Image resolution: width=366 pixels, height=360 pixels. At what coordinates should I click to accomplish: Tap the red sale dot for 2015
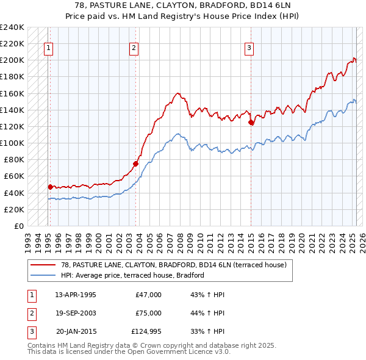[251, 123]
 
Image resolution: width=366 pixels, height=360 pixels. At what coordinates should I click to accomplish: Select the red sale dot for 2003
[136, 164]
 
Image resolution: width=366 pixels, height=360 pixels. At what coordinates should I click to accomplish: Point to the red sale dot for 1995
[50, 187]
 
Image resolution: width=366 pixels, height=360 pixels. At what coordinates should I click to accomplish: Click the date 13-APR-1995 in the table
[76, 295]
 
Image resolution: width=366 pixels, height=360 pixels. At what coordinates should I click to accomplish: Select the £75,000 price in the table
[149, 312]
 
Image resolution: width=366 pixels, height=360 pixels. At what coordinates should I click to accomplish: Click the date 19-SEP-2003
[76, 312]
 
